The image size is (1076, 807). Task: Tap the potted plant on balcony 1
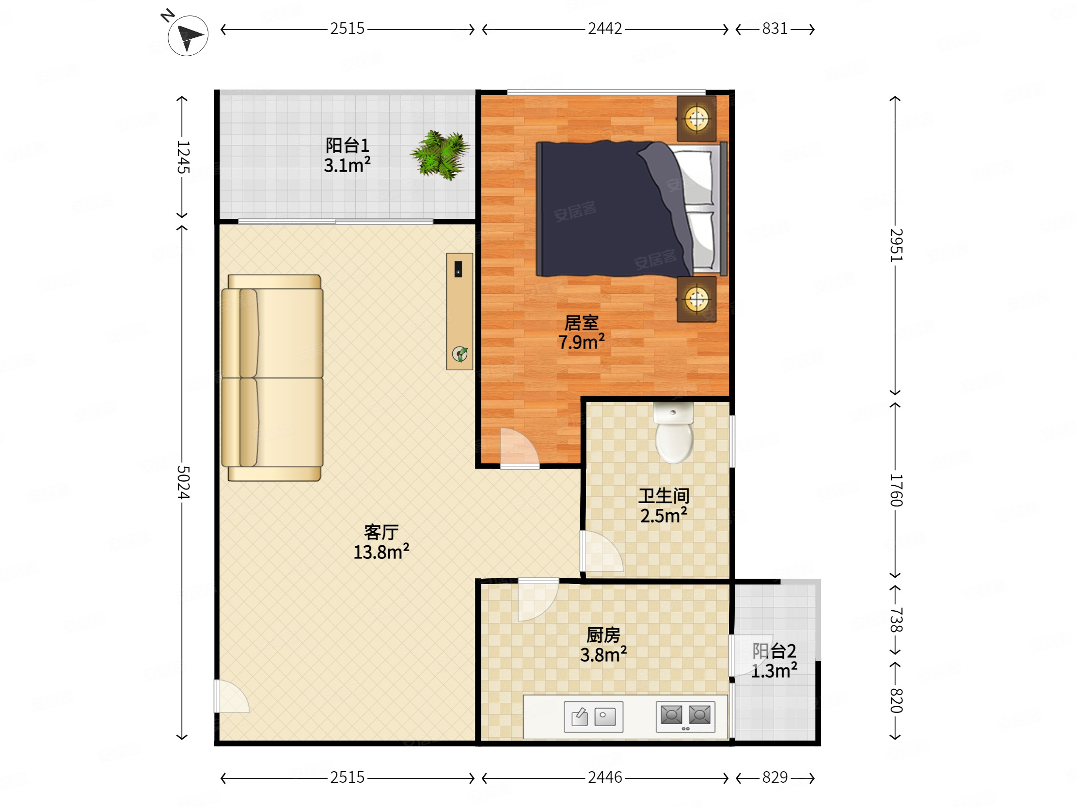click(440, 154)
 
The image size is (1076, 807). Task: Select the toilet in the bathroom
click(674, 432)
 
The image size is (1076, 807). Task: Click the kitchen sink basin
click(593, 716)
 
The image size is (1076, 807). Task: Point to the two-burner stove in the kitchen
click(685, 716)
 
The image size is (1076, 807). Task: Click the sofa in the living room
click(272, 378)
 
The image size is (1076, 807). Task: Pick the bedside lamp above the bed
click(696, 118)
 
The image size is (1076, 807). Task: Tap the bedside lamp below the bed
click(696, 299)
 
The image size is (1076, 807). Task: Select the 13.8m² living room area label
click(381, 552)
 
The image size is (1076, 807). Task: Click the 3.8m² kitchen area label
click(603, 655)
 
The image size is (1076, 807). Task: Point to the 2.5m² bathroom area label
click(664, 515)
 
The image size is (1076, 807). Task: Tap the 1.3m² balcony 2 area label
click(774, 671)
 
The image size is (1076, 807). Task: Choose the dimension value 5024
click(183, 482)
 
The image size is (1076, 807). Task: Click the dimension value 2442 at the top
click(604, 29)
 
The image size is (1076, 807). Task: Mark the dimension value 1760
click(896, 490)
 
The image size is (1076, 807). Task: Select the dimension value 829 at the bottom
click(775, 777)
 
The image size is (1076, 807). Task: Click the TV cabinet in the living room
click(459, 311)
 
